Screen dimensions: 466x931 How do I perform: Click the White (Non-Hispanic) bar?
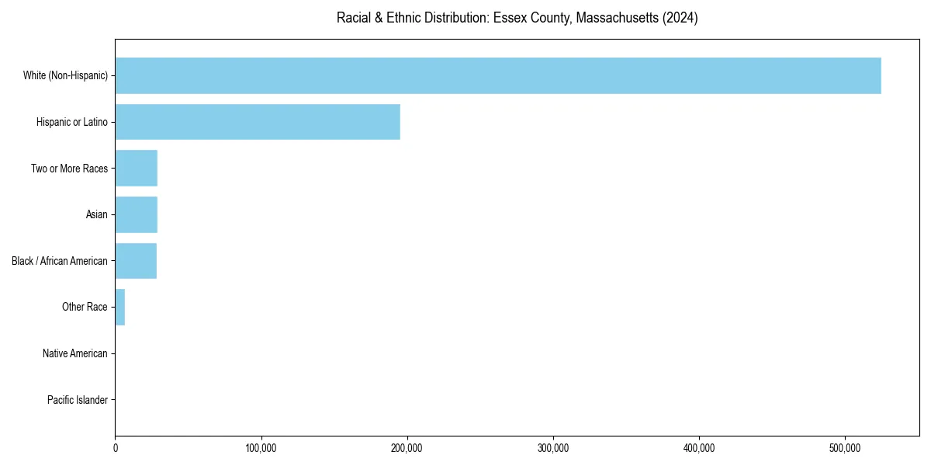(x=497, y=75)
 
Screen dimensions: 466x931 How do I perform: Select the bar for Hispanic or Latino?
(x=258, y=122)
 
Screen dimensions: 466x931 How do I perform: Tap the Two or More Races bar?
(x=136, y=169)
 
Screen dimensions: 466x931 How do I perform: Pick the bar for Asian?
(x=136, y=214)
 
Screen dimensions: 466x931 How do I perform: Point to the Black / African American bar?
(x=136, y=261)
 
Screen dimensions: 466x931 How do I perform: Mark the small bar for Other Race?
(x=120, y=308)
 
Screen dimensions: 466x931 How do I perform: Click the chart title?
(x=517, y=18)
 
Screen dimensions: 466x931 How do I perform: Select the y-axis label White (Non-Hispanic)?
(x=65, y=75)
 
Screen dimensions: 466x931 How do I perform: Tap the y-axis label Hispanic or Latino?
(x=72, y=122)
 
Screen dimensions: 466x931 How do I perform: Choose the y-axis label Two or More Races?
(x=69, y=169)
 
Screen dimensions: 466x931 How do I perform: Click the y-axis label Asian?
(x=96, y=214)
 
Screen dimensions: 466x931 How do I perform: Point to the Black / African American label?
(x=60, y=261)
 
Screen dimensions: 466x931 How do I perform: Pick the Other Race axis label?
(x=85, y=308)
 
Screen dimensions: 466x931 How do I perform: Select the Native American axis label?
(x=75, y=354)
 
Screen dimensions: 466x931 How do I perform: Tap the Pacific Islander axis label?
(x=77, y=400)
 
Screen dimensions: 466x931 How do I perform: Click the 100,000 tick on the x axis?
(x=261, y=448)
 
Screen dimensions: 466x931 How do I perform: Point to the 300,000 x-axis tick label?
(x=553, y=448)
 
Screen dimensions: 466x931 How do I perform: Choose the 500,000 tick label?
(x=845, y=448)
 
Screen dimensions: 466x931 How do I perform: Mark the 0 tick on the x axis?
(x=116, y=448)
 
